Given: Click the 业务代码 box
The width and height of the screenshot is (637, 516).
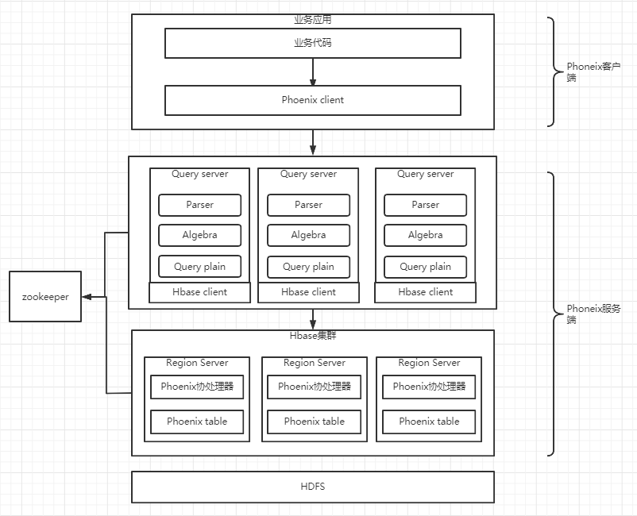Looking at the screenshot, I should pos(312,43).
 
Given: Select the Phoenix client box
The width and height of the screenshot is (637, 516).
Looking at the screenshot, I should pos(312,100).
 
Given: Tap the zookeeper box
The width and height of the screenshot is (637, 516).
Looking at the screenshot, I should pos(45,297).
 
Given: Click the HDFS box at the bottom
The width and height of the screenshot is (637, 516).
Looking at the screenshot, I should pos(312,487).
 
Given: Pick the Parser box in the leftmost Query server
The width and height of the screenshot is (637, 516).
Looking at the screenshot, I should pos(199,205).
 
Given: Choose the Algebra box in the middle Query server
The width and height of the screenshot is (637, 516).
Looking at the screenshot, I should pos(308,235).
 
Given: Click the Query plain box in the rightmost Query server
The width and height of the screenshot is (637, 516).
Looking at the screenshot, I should pos(425,267).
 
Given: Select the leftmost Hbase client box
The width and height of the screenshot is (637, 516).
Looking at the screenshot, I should pos(199,292).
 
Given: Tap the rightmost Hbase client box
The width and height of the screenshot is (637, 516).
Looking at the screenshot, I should pos(425,292).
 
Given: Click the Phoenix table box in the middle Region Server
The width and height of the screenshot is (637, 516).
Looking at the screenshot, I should pos(314,422).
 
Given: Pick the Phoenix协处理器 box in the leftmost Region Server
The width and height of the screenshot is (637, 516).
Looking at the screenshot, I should pos(197,387).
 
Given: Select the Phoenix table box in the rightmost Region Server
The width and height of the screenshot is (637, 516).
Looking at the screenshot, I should pos(429,422).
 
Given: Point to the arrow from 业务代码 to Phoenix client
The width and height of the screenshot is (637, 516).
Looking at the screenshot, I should pos(313,72).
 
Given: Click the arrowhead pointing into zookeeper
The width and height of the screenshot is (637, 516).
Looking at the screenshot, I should pos(87,297).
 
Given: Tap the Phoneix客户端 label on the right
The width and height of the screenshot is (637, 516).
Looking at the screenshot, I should pos(593,72).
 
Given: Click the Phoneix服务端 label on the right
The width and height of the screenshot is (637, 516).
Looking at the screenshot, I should pos(593,314).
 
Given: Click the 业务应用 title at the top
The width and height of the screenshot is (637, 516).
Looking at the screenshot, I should pos(312,19).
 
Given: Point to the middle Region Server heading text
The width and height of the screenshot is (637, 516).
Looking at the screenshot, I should pos(314,363).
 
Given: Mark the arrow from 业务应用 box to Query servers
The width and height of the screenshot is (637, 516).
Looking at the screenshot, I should pos(313,142).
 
